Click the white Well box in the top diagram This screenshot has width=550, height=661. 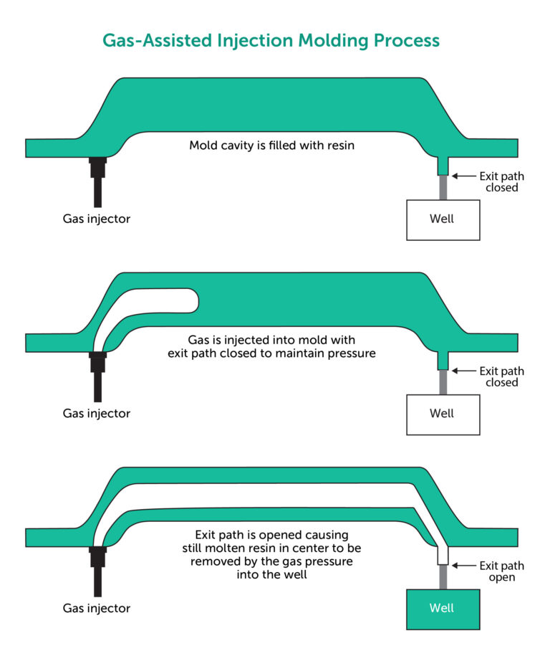[x=443, y=219]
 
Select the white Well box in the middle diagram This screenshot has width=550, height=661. [x=443, y=413]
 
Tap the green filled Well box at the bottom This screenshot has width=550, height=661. [x=443, y=608]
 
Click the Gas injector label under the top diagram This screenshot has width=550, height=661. [x=97, y=219]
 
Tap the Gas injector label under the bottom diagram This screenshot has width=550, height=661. [x=97, y=609]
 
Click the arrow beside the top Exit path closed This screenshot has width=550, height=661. [x=464, y=176]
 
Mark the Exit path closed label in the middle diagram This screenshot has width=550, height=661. [x=501, y=376]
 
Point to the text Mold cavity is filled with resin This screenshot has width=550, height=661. [x=272, y=146]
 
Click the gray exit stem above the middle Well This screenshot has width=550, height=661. [x=443, y=382]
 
